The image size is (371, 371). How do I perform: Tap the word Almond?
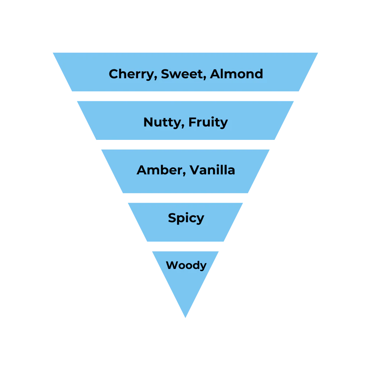(x=236, y=74)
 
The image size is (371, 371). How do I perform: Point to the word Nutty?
(x=162, y=122)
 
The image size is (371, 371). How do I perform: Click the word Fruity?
(x=208, y=122)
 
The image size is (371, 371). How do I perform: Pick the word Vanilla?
(x=212, y=170)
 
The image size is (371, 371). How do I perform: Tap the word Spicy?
(x=186, y=218)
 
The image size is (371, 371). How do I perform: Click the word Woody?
(x=186, y=265)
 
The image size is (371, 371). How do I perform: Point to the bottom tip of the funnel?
(x=185, y=318)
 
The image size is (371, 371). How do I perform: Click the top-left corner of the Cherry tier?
(x=52, y=52)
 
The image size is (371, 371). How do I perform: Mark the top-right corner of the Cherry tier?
(x=319, y=52)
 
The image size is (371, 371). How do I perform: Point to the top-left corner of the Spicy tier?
(x=128, y=203)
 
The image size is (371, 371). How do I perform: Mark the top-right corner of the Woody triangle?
(x=219, y=250)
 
